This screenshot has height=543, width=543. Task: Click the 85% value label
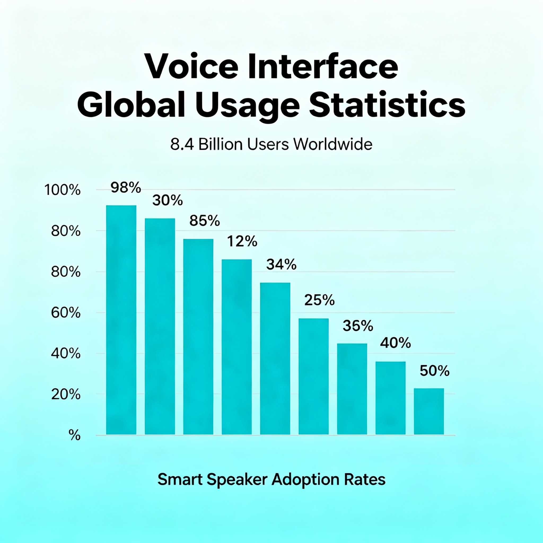204,221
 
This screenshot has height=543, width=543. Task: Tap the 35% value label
358,326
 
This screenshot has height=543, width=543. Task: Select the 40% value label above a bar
395,343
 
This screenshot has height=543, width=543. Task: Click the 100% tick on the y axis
63,190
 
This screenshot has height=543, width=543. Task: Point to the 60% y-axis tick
66,313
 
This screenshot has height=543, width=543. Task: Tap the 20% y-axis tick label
66,395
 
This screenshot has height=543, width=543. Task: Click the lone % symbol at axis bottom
75,436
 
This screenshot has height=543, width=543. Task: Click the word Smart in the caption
180,479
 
